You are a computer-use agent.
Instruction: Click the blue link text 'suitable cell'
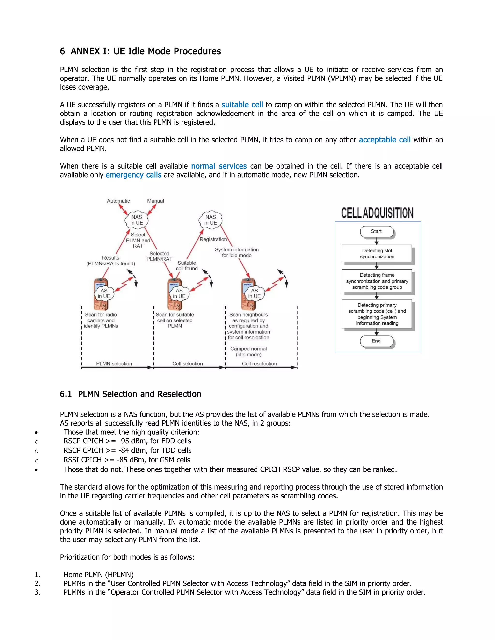click(x=242, y=105)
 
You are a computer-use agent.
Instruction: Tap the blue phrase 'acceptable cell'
click(x=385, y=140)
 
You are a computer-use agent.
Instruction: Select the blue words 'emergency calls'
click(x=133, y=175)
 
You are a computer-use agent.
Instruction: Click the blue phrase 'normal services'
click(x=219, y=166)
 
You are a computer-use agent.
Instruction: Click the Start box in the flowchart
click(x=377, y=232)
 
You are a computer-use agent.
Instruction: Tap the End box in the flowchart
click(x=376, y=341)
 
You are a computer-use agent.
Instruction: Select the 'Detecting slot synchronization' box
click(x=377, y=254)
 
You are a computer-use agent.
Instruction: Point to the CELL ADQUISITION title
click(x=377, y=213)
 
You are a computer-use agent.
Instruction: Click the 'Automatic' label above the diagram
click(x=118, y=201)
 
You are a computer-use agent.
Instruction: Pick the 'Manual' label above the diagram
click(x=155, y=201)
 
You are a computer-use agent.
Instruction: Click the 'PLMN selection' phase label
click(x=114, y=364)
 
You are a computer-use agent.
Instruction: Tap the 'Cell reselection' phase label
click(x=259, y=364)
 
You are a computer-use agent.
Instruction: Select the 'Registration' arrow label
click(x=213, y=239)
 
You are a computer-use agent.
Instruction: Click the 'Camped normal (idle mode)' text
click(x=248, y=352)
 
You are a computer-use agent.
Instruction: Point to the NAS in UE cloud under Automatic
click(x=137, y=220)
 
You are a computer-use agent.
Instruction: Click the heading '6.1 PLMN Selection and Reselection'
click(x=131, y=394)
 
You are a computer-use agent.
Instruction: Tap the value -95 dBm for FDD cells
click(x=132, y=441)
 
